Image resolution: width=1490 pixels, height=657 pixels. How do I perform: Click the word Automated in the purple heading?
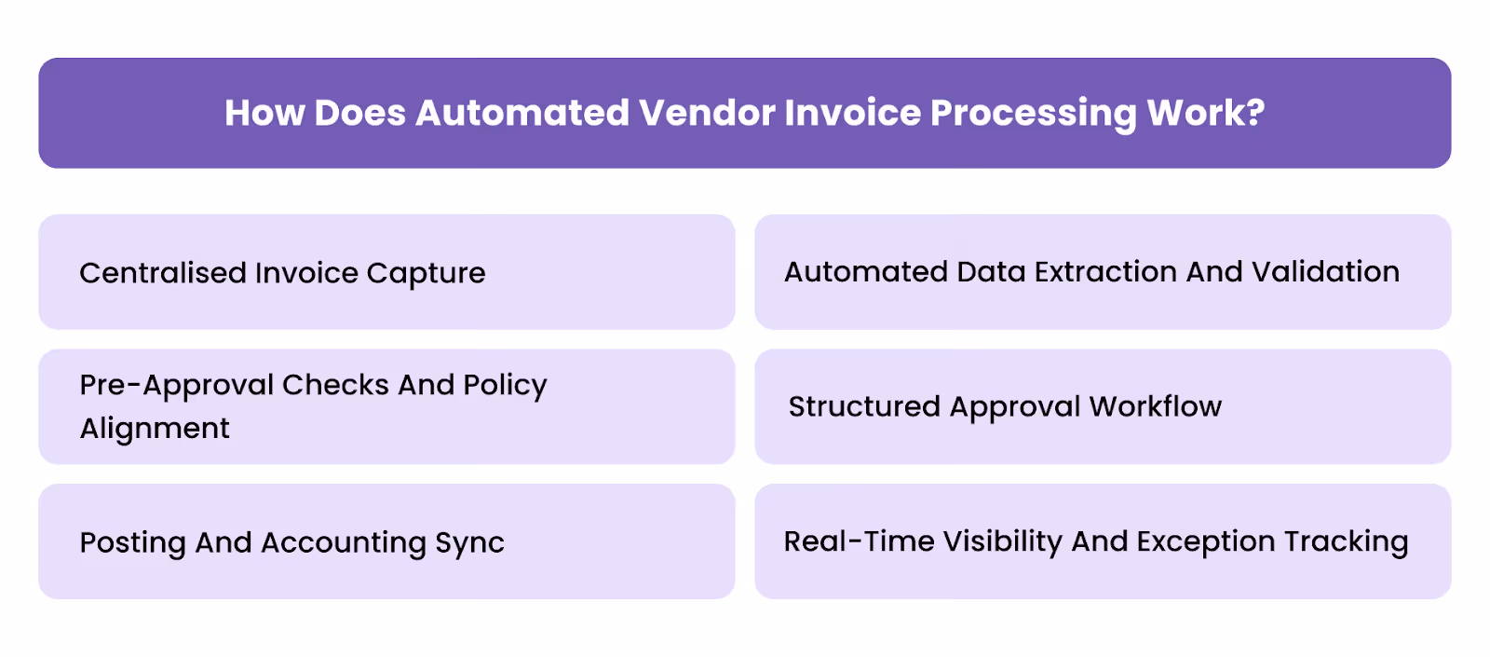[x=522, y=114]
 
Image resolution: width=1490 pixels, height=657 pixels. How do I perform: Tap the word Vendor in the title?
[x=708, y=114]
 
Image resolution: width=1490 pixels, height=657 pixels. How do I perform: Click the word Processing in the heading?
[x=1034, y=114]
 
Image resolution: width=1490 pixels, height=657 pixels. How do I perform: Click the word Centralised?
[x=162, y=273]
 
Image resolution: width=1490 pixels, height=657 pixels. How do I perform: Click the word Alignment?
[x=155, y=429]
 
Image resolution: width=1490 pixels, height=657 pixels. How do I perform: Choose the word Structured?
[x=864, y=407]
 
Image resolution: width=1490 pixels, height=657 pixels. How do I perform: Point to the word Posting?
[x=132, y=543]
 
